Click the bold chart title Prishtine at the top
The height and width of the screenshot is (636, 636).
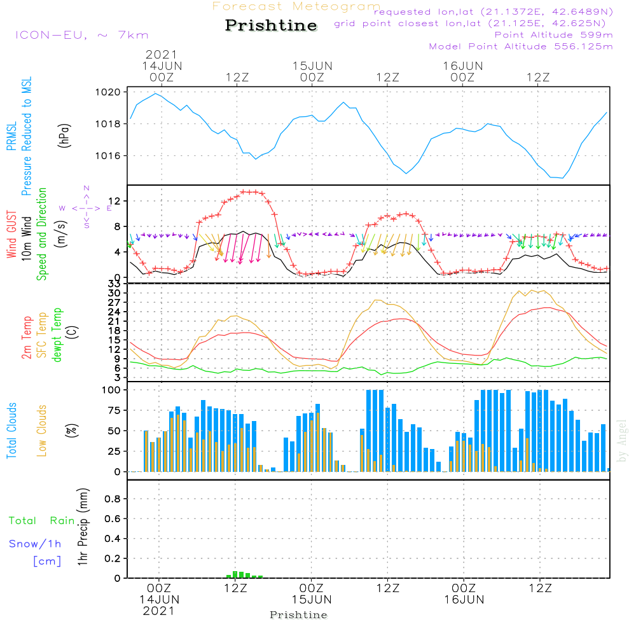click(271, 25)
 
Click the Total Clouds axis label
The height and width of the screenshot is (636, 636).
click(11, 431)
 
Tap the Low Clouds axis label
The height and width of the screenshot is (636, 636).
click(42, 431)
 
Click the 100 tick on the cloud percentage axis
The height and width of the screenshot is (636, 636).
click(111, 390)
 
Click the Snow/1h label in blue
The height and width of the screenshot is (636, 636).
click(36, 544)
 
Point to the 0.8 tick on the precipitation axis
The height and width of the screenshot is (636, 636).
click(112, 499)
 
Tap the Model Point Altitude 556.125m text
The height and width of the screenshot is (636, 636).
click(521, 46)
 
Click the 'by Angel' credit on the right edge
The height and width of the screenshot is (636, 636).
click(622, 440)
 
